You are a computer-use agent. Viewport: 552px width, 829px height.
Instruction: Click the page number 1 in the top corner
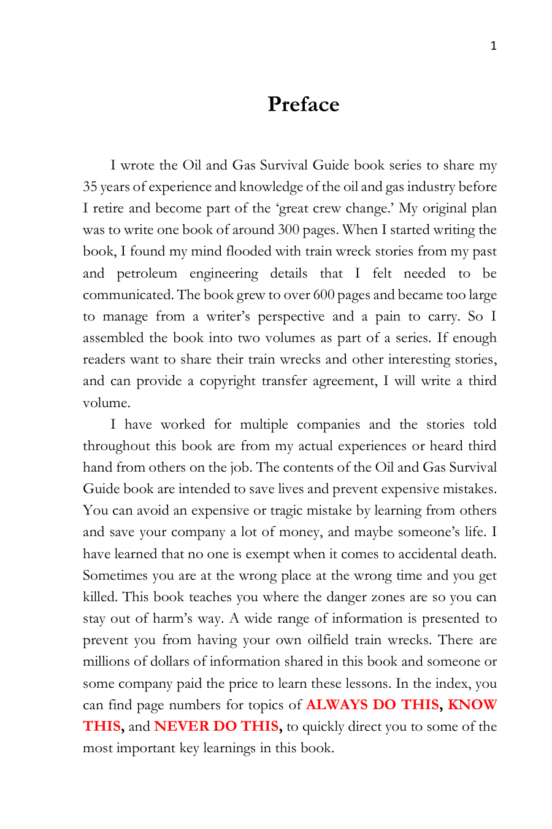(x=493, y=46)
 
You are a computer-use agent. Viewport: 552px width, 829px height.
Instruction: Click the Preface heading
(x=303, y=104)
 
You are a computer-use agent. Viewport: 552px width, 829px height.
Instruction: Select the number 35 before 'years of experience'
(x=90, y=187)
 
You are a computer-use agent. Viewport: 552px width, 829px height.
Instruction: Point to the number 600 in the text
(x=323, y=295)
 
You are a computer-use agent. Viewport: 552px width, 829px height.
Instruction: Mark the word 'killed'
(x=99, y=597)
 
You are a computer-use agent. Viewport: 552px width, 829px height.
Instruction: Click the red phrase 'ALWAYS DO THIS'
(x=372, y=705)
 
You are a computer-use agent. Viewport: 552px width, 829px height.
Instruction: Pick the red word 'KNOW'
(x=472, y=705)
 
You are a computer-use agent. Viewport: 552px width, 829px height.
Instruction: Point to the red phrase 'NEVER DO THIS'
(x=217, y=726)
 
